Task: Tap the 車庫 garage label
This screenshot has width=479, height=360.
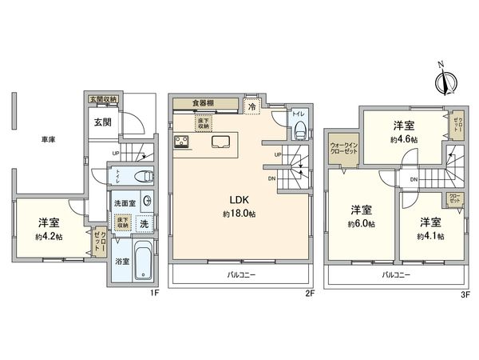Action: coord(49,138)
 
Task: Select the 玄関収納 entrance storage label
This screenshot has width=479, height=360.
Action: coord(104,99)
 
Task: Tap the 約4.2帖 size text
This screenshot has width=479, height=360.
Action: coord(48,236)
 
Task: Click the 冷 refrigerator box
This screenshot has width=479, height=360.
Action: coord(251,106)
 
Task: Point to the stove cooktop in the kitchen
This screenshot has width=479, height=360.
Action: coord(183,142)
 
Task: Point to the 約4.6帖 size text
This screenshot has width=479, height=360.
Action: coord(402,138)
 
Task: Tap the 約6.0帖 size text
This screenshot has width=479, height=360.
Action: coord(362,224)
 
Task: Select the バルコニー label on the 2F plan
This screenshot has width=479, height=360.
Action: coord(238,274)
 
